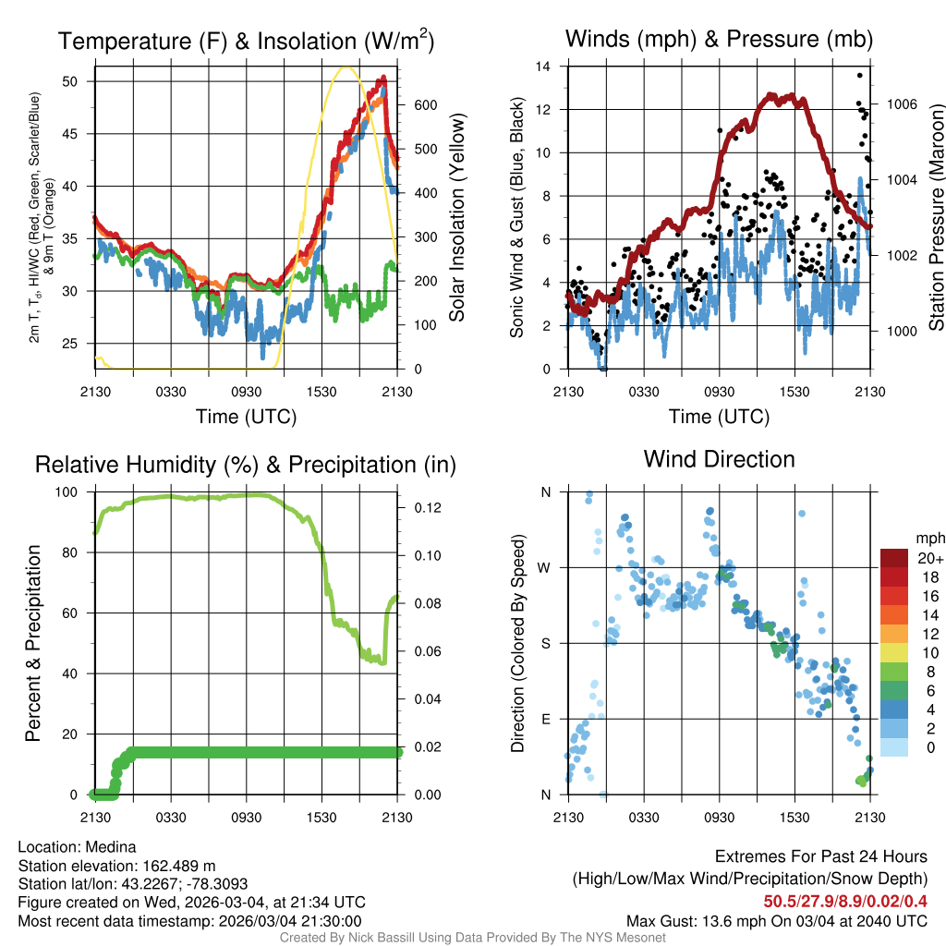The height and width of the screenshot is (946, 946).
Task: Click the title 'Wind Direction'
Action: pyautogui.click(x=719, y=459)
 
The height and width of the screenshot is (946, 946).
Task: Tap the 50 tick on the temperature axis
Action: pyautogui.click(x=80, y=81)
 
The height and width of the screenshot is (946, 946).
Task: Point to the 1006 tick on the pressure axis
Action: pyautogui.click(x=901, y=103)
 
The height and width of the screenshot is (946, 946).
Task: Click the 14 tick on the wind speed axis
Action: pyautogui.click(x=544, y=67)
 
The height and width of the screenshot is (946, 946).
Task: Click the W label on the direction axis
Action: pyautogui.click(x=545, y=568)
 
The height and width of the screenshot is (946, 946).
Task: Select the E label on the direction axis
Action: pyautogui.click(x=546, y=719)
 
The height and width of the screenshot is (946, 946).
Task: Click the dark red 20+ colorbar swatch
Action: pyautogui.click(x=895, y=559)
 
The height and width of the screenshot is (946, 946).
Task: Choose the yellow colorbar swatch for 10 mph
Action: pyautogui.click(x=895, y=653)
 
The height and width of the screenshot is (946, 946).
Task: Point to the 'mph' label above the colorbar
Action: pyautogui.click(x=928, y=538)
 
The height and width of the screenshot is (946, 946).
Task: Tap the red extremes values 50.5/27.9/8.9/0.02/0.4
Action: pyautogui.click(x=845, y=901)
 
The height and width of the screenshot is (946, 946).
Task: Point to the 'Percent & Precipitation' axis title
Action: pyautogui.click(x=33, y=643)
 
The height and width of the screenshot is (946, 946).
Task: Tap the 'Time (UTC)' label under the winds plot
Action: pyautogui.click(x=718, y=417)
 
